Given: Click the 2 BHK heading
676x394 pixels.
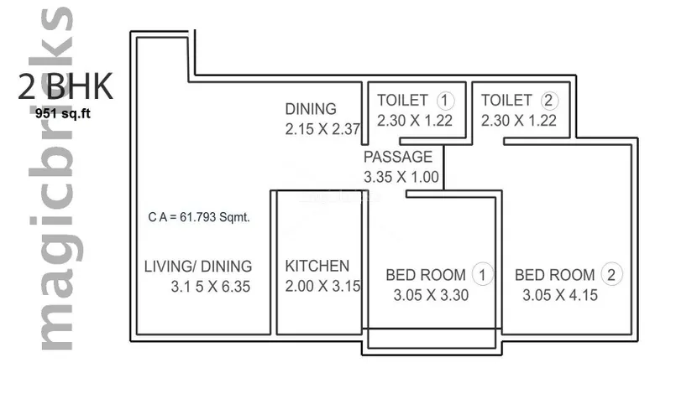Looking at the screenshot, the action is click(66, 86).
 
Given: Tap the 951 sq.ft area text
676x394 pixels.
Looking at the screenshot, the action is click(63, 114).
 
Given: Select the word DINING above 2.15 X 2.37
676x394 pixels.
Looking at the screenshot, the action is click(311, 109).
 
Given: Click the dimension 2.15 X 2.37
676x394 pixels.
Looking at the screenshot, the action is click(322, 129).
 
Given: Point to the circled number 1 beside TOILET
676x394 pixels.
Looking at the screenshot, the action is click(445, 101).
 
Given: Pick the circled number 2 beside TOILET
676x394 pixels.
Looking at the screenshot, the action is click(549, 101).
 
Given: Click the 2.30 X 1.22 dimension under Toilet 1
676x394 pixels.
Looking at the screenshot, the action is click(415, 121).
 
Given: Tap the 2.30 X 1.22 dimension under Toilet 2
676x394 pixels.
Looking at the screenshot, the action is click(519, 121).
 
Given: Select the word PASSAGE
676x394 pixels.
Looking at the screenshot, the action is click(398, 157).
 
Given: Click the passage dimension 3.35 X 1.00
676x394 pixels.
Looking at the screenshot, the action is click(401, 177).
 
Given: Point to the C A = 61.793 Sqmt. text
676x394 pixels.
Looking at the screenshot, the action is click(199, 217).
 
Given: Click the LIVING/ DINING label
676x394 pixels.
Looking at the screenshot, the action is click(198, 267).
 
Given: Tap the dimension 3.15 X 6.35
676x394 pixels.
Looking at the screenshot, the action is click(211, 287).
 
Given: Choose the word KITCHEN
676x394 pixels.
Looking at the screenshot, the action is click(317, 266).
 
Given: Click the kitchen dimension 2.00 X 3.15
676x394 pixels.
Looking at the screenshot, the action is click(322, 286).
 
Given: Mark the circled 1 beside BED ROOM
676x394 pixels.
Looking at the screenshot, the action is click(482, 274).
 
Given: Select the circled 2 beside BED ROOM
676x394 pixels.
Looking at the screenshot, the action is click(611, 274).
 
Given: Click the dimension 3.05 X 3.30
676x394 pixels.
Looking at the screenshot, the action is click(431, 295).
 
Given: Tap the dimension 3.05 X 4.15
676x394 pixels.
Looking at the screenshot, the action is click(560, 295).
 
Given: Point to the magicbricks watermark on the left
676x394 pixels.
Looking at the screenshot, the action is click(56, 179).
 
